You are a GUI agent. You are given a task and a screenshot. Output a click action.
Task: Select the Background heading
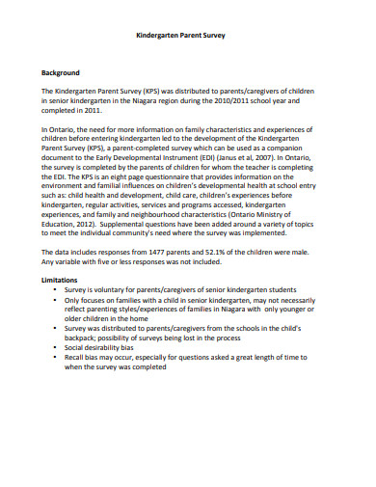(60, 73)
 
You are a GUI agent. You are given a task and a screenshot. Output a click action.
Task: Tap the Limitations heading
(59, 279)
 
